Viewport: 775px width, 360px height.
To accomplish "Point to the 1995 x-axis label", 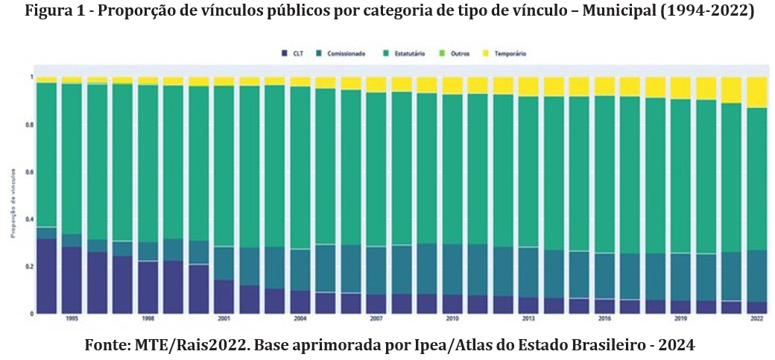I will (72, 318).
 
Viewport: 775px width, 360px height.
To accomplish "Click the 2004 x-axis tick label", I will (301, 318).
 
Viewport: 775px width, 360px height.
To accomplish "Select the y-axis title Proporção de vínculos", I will (13, 212).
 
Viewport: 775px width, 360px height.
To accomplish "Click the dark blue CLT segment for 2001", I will (225, 297).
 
